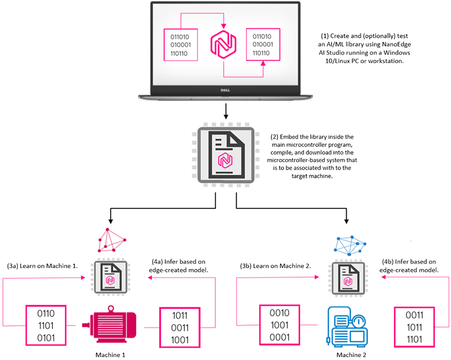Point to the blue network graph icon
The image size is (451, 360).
pyautogui.click(x=347, y=242)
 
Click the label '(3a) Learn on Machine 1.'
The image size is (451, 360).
pyautogui.click(x=42, y=265)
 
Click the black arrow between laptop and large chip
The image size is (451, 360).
pyautogui.click(x=225, y=110)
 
